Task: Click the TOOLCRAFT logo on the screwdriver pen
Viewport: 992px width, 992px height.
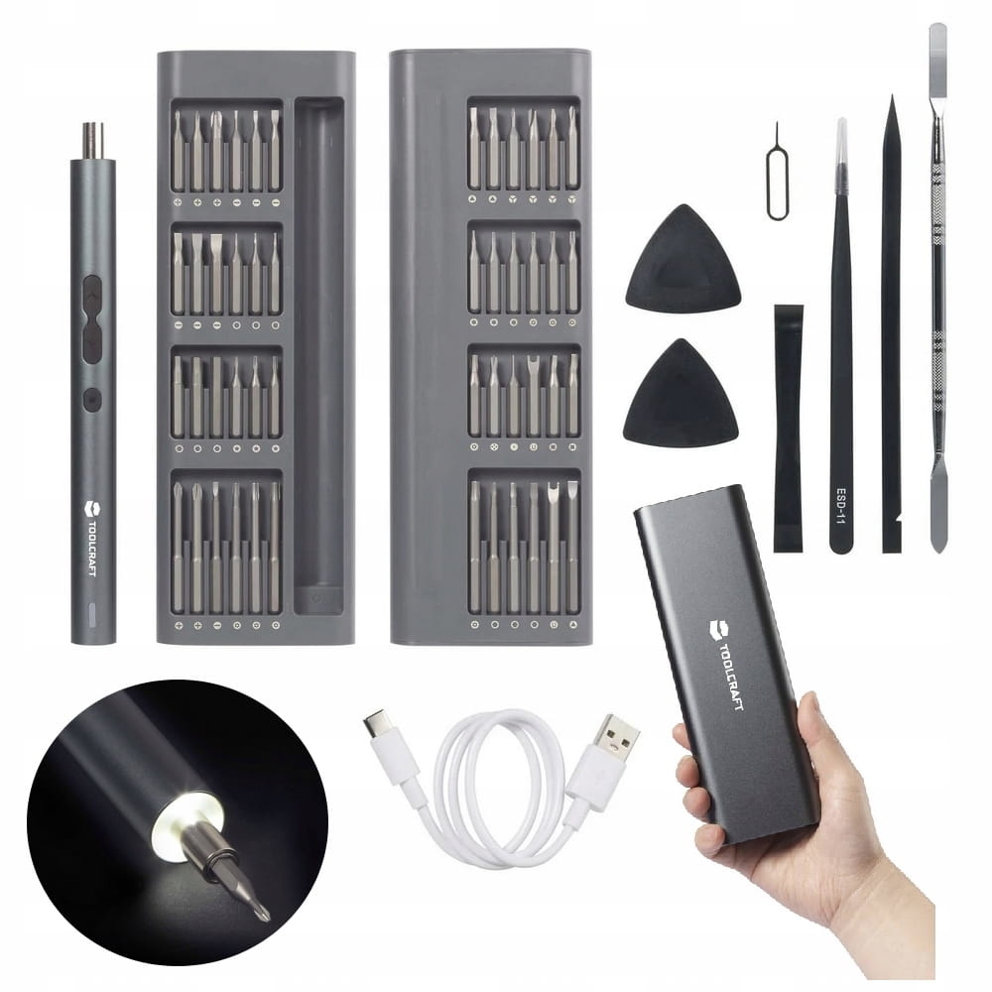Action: (90, 538)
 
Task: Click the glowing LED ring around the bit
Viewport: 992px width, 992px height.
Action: (186, 820)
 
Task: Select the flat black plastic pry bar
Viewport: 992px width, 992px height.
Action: (788, 429)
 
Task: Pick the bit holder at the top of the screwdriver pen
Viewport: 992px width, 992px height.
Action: (93, 141)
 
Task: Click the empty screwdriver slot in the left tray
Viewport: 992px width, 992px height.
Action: (319, 354)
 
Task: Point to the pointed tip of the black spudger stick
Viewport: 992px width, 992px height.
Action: (892, 101)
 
